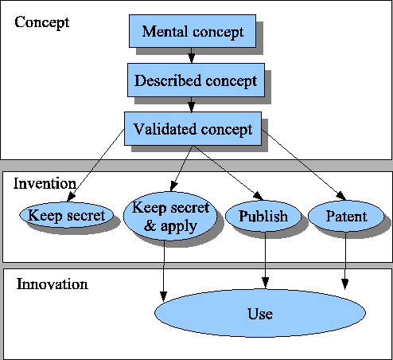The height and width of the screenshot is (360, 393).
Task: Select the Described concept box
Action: pos(195,80)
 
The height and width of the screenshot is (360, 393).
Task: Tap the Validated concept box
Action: pos(193,128)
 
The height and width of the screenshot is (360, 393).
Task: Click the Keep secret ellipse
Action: pos(66,215)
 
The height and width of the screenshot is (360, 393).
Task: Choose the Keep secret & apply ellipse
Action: pos(170,217)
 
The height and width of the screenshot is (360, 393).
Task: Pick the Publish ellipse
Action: pos(263,216)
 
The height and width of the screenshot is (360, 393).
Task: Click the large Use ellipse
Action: pos(259,314)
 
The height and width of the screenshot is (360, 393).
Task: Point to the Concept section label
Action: pos(42,22)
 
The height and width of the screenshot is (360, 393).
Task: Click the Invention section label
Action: pos(45,183)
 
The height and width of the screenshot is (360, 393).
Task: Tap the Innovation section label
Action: pos(52,284)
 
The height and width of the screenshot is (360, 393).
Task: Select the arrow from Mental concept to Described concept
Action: pos(192,55)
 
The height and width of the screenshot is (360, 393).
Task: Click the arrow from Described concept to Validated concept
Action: pos(191,104)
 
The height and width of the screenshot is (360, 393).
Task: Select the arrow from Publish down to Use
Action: pos(265,259)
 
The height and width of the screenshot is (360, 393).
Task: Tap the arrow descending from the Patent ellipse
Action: pos(345,259)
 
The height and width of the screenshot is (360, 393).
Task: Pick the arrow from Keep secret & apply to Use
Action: pos(164,267)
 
